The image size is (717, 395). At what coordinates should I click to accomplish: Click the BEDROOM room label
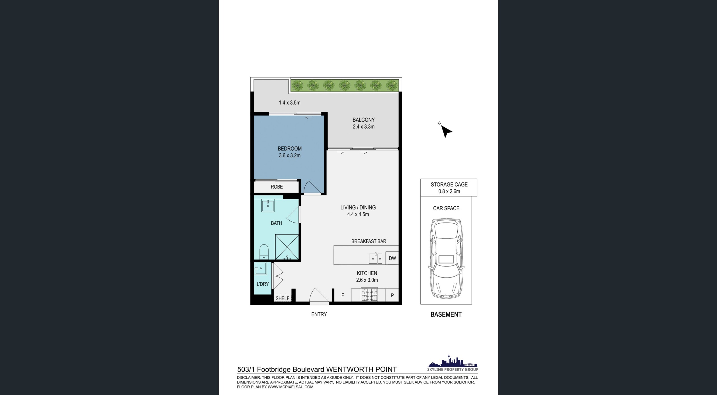coord(290,149)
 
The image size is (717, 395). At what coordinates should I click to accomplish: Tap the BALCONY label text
coord(364,120)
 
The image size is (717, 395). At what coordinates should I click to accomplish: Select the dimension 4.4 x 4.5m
coord(358,214)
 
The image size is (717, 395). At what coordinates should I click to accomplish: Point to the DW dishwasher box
coord(392,258)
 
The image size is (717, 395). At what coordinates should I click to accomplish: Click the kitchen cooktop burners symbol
coord(369,295)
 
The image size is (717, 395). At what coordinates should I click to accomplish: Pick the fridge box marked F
coord(343,295)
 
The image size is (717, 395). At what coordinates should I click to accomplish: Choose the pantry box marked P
coord(392,295)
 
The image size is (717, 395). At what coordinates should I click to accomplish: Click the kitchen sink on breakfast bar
coord(375,258)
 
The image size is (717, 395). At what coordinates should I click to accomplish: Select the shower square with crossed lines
coord(287,247)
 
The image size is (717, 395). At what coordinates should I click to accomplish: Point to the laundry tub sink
coord(260,268)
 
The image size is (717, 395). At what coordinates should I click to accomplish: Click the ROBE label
coord(277,187)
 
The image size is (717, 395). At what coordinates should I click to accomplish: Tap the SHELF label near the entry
coord(282,298)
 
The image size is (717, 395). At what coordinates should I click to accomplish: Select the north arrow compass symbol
coord(446,130)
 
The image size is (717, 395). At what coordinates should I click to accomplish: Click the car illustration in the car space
coord(446,258)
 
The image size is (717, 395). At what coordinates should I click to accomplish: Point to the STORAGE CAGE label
coord(449,184)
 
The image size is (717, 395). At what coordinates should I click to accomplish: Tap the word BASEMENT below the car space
coord(446,314)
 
